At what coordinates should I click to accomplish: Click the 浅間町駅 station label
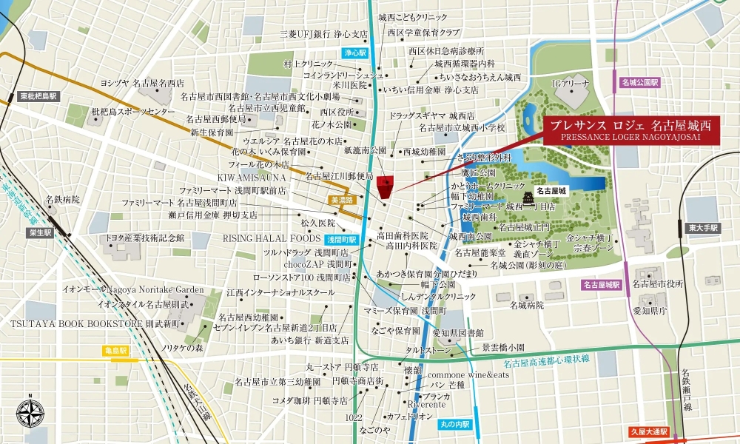[x=341, y=240]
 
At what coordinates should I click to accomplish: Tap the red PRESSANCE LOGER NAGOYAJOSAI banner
[x=630, y=130]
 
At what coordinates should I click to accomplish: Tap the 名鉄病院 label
[x=62, y=200]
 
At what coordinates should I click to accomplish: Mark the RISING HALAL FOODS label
[x=271, y=238]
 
